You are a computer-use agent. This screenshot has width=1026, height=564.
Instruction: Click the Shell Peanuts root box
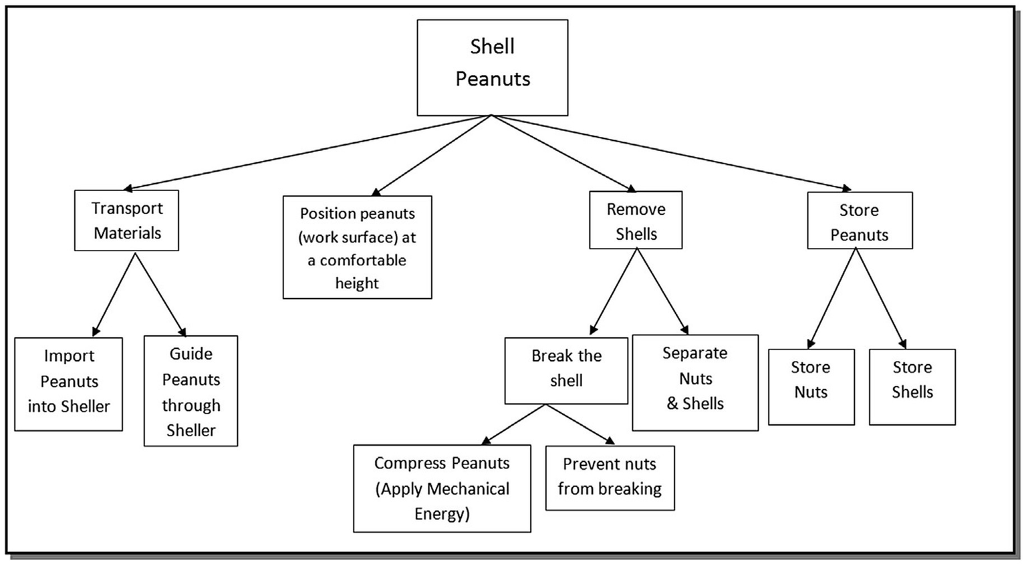(x=493, y=67)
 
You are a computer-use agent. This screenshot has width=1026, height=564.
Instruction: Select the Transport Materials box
(x=126, y=221)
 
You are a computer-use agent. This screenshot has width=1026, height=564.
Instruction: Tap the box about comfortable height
(x=357, y=247)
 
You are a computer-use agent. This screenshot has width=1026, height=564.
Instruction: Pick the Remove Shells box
(x=636, y=221)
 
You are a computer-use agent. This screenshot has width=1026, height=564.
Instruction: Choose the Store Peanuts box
(x=859, y=221)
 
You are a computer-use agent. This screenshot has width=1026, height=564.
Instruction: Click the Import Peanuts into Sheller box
(x=68, y=384)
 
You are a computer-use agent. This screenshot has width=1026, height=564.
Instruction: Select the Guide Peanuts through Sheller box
(x=190, y=391)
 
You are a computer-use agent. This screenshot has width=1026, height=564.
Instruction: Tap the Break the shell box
(x=566, y=370)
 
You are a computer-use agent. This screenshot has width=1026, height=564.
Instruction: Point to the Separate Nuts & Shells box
(x=695, y=382)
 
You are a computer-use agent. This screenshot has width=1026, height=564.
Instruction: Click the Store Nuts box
(x=811, y=386)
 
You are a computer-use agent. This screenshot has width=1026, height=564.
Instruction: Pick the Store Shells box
(x=912, y=386)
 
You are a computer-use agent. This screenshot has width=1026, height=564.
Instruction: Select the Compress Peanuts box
(x=442, y=488)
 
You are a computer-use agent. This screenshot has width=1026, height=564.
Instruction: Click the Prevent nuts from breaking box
(x=610, y=478)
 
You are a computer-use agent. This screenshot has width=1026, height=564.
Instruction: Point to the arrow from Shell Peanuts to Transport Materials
(x=307, y=152)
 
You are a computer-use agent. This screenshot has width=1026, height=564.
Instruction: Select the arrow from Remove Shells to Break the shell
(x=614, y=291)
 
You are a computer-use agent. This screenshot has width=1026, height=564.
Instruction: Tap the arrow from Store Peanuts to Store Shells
(x=880, y=298)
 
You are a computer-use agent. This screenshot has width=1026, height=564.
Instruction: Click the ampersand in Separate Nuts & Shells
(x=672, y=404)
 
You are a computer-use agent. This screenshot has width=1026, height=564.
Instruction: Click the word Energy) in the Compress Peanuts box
(x=442, y=514)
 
